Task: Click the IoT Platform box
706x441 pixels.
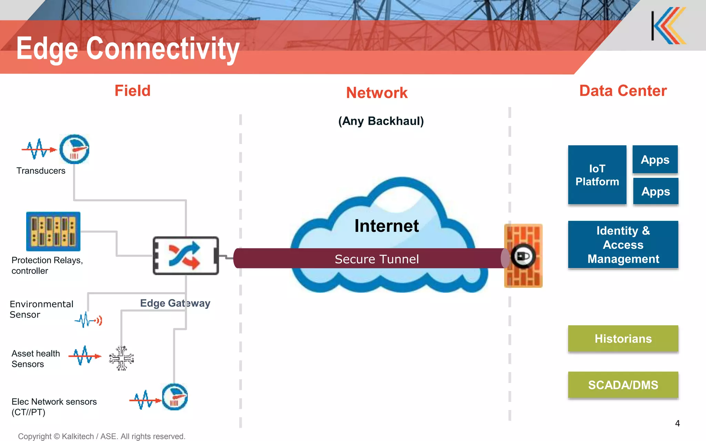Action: pos(597,175)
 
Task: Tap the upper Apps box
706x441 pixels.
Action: pos(655,160)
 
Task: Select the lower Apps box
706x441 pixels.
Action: pos(656,191)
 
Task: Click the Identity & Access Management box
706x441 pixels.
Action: pos(623,245)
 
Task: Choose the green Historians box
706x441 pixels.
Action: pos(623,339)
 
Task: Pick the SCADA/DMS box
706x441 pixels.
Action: pos(623,385)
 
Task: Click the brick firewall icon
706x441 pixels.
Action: pos(523,256)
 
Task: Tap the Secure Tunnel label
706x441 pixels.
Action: pos(376,259)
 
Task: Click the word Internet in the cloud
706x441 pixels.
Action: pos(386,226)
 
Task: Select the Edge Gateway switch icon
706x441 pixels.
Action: pos(185,256)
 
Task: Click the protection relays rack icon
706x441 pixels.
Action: pos(53,232)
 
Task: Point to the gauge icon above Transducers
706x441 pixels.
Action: pos(74,149)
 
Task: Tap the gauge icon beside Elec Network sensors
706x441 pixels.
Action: pos(175,397)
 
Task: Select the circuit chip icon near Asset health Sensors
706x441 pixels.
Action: pos(121,358)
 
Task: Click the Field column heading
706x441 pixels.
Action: pos(132,91)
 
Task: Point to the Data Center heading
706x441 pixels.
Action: pos(623,91)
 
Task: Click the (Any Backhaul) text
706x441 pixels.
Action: pos(381,121)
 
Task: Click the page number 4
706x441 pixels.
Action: pos(677,423)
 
